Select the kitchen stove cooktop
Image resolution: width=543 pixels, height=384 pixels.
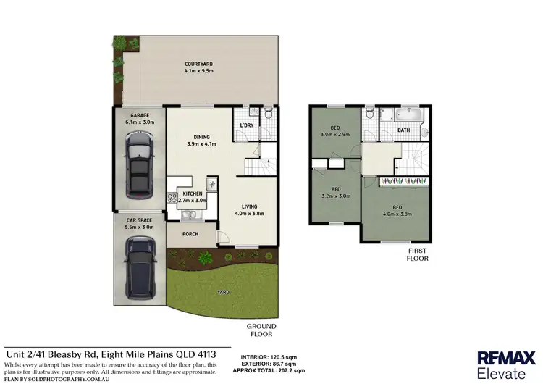(172, 197)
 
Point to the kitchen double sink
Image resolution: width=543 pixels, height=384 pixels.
(192, 214)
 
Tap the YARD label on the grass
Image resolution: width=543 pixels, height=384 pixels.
(224, 292)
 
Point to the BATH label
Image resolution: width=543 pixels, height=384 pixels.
(404, 130)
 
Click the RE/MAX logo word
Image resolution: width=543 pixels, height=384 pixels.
(500, 357)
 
